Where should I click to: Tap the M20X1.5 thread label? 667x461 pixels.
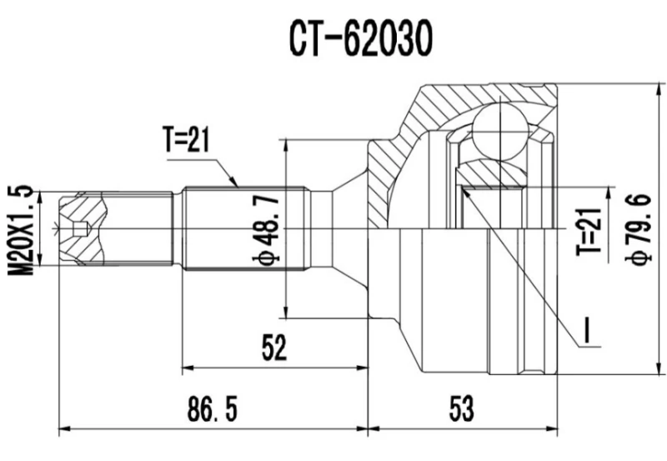[24, 230]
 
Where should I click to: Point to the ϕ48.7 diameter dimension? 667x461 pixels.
[265, 230]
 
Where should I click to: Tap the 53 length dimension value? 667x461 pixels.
[459, 409]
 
